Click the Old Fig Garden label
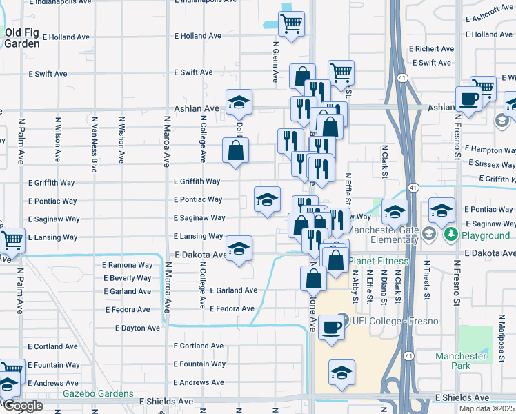pyautogui.click(x=22, y=37)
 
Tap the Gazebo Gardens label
pyautogui.click(x=98, y=394)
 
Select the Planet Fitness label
pyautogui.click(x=378, y=262)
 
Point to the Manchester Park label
pyautogui.click(x=461, y=362)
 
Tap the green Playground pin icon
pyautogui.click(x=450, y=235)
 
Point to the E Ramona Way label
pyautogui.click(x=127, y=265)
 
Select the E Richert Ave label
pyautogui.click(x=430, y=49)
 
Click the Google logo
pyautogui.click(x=22, y=406)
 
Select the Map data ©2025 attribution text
pyautogui.click(x=486, y=408)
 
